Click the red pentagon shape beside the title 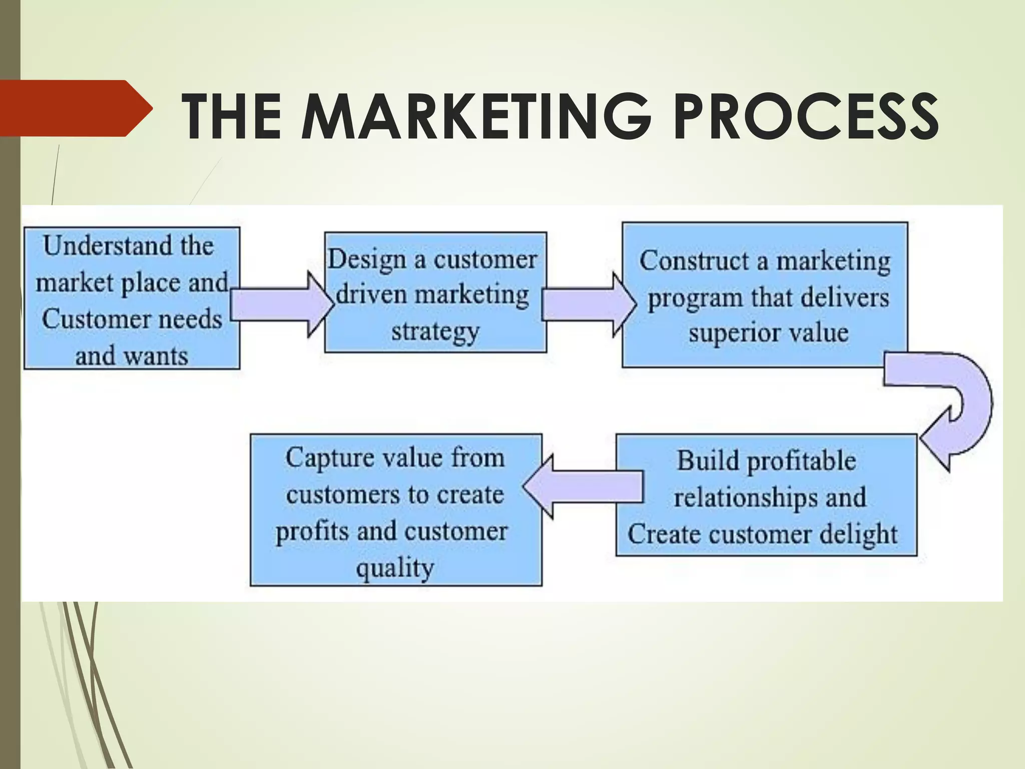(x=75, y=108)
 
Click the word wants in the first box (x=156, y=356)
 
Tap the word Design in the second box (x=367, y=260)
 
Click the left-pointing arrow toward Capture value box (x=583, y=486)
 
